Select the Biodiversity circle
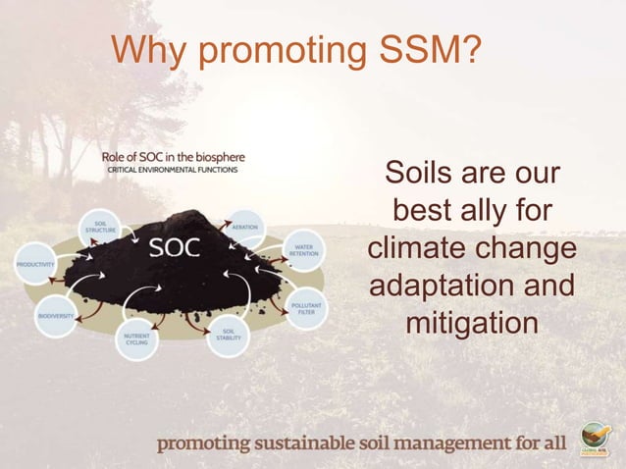(x=56, y=317)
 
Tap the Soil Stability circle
(x=228, y=334)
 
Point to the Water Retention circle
(x=302, y=251)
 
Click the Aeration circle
(x=244, y=227)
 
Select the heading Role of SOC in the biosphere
(x=174, y=156)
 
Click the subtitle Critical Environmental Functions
(x=173, y=170)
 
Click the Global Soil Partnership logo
(x=595, y=437)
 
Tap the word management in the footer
(x=442, y=443)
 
